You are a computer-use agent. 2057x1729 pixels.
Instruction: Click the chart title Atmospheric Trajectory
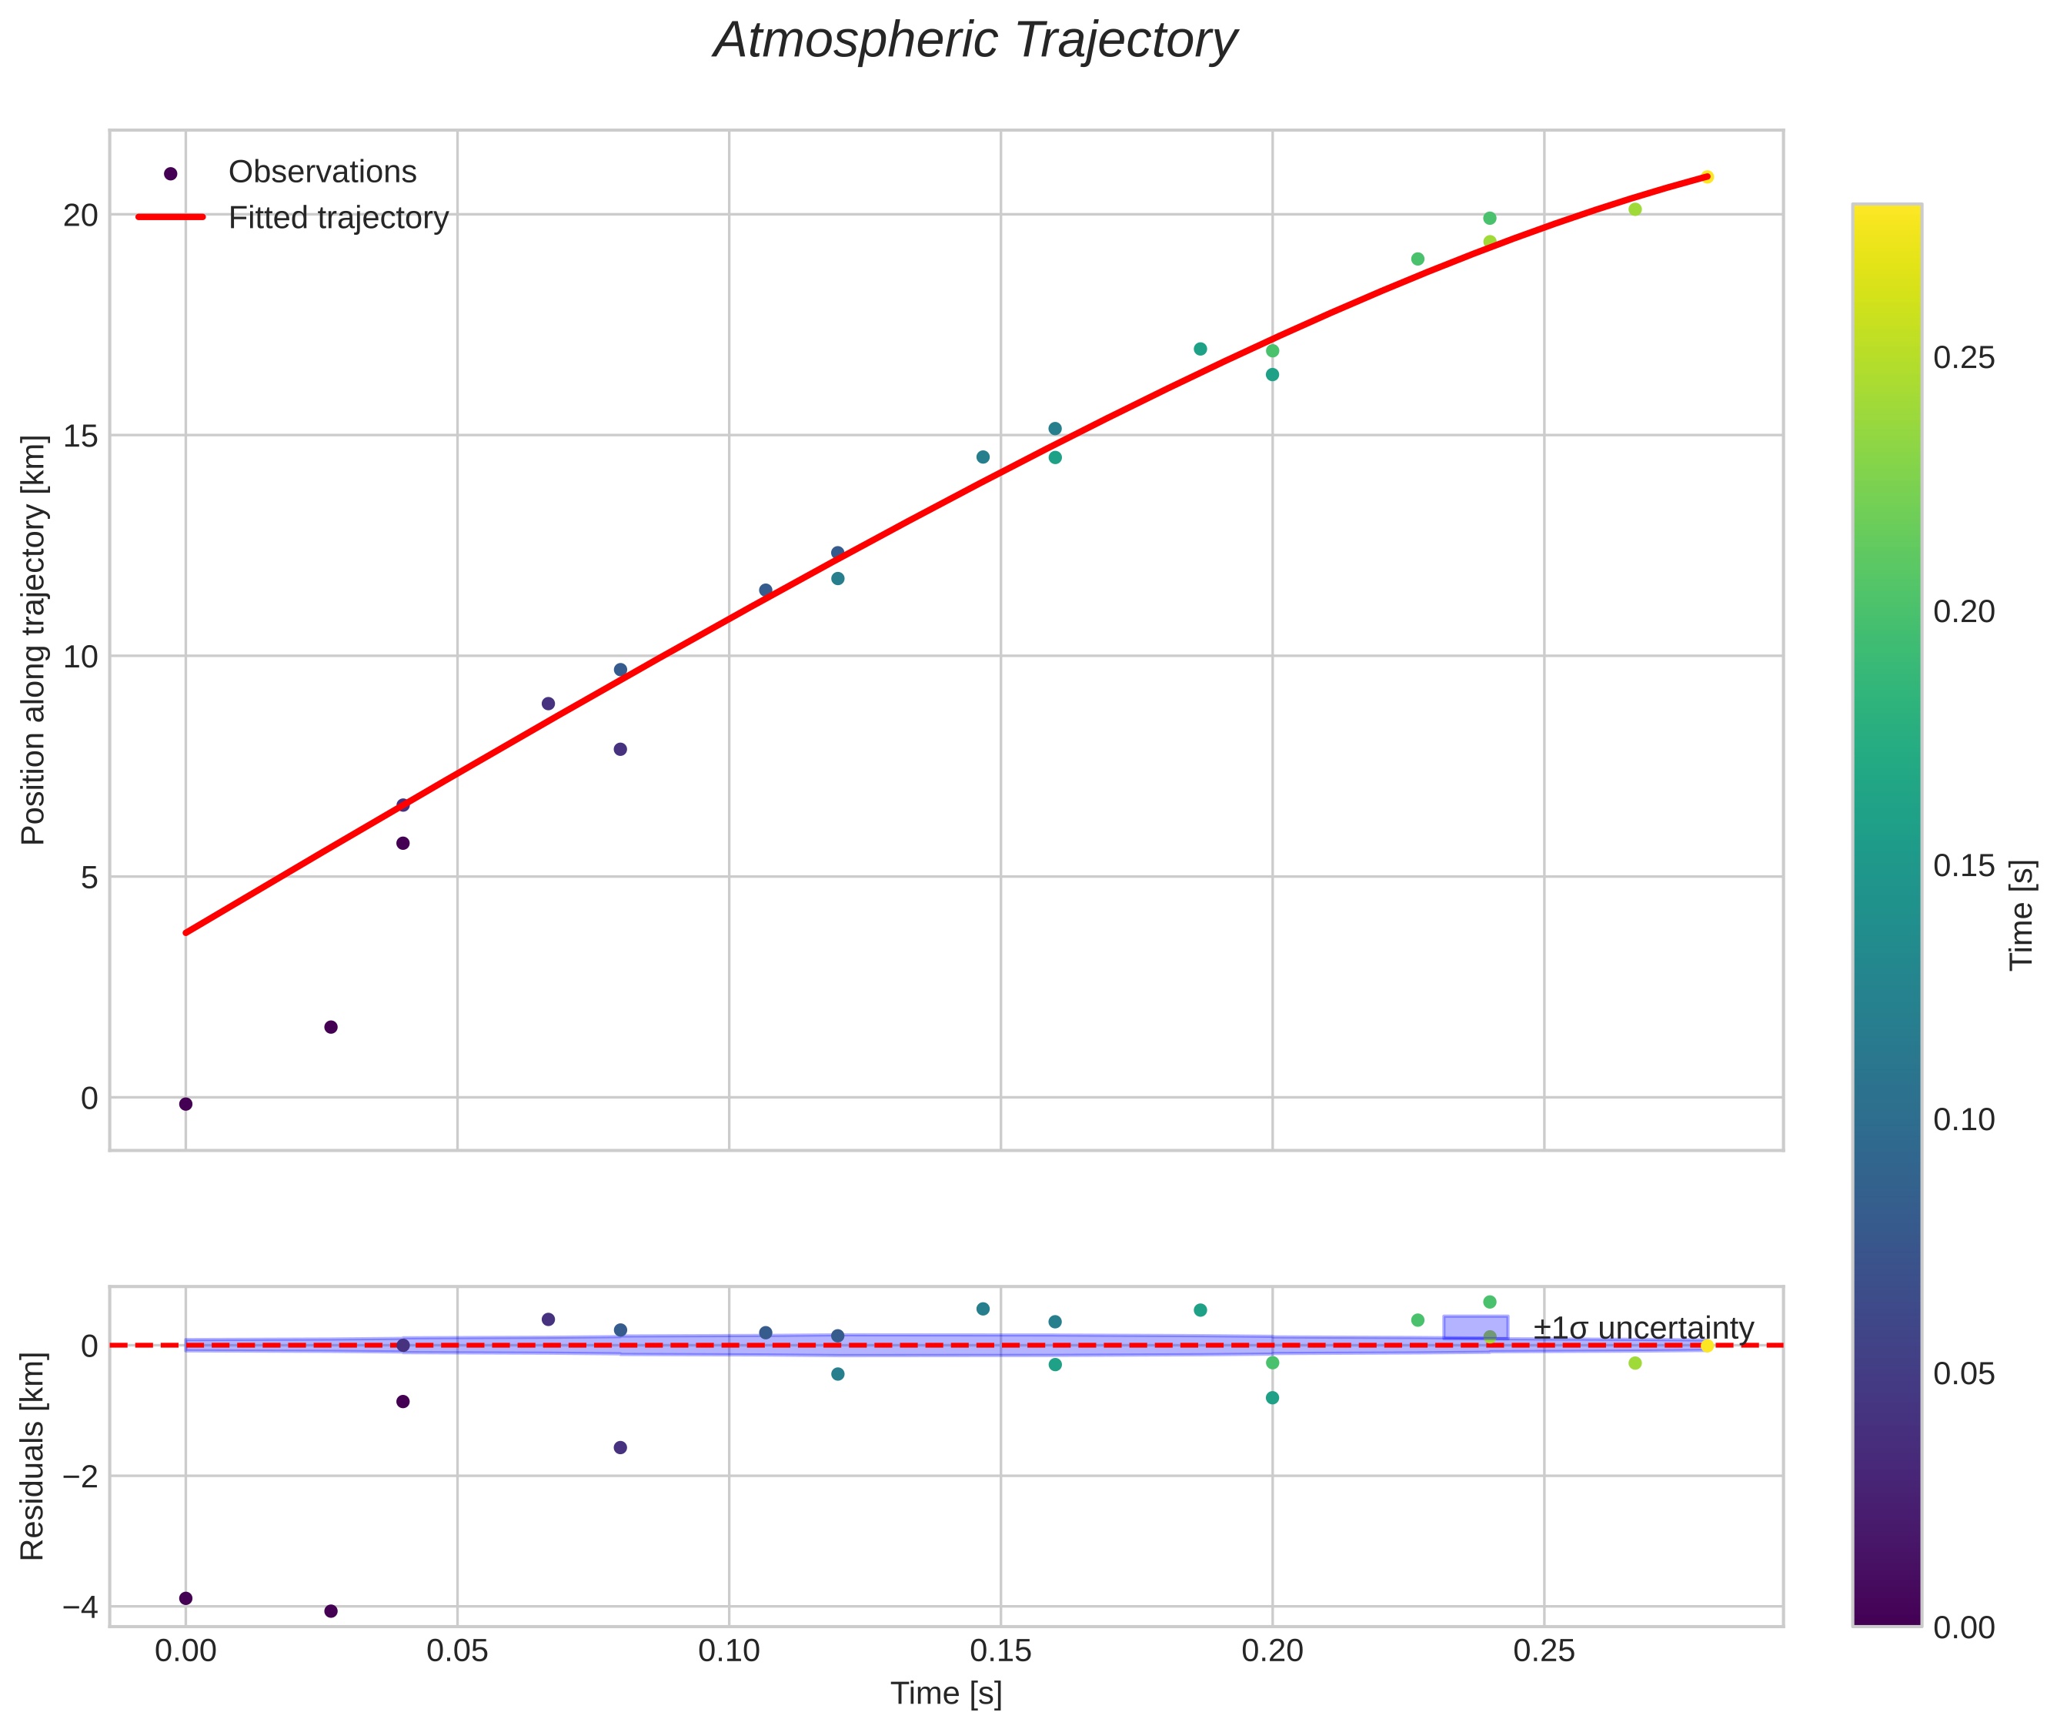975,41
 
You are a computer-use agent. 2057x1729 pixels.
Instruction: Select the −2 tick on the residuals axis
78,1477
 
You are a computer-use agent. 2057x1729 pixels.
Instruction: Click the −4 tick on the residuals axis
78,1607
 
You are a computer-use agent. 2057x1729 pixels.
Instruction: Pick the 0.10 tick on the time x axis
728,1651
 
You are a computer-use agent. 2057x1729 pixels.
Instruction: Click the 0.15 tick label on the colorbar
1964,865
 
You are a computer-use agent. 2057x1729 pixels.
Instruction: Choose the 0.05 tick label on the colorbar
1964,1374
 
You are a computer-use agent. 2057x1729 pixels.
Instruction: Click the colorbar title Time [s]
2022,915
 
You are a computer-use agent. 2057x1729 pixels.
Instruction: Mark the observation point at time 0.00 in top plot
185,1105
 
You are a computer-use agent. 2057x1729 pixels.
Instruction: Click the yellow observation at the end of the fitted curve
1707,176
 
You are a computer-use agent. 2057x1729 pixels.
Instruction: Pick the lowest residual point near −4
331,1611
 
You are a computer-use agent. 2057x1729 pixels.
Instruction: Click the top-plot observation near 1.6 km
331,1027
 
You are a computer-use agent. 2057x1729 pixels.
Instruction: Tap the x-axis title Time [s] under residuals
946,1694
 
